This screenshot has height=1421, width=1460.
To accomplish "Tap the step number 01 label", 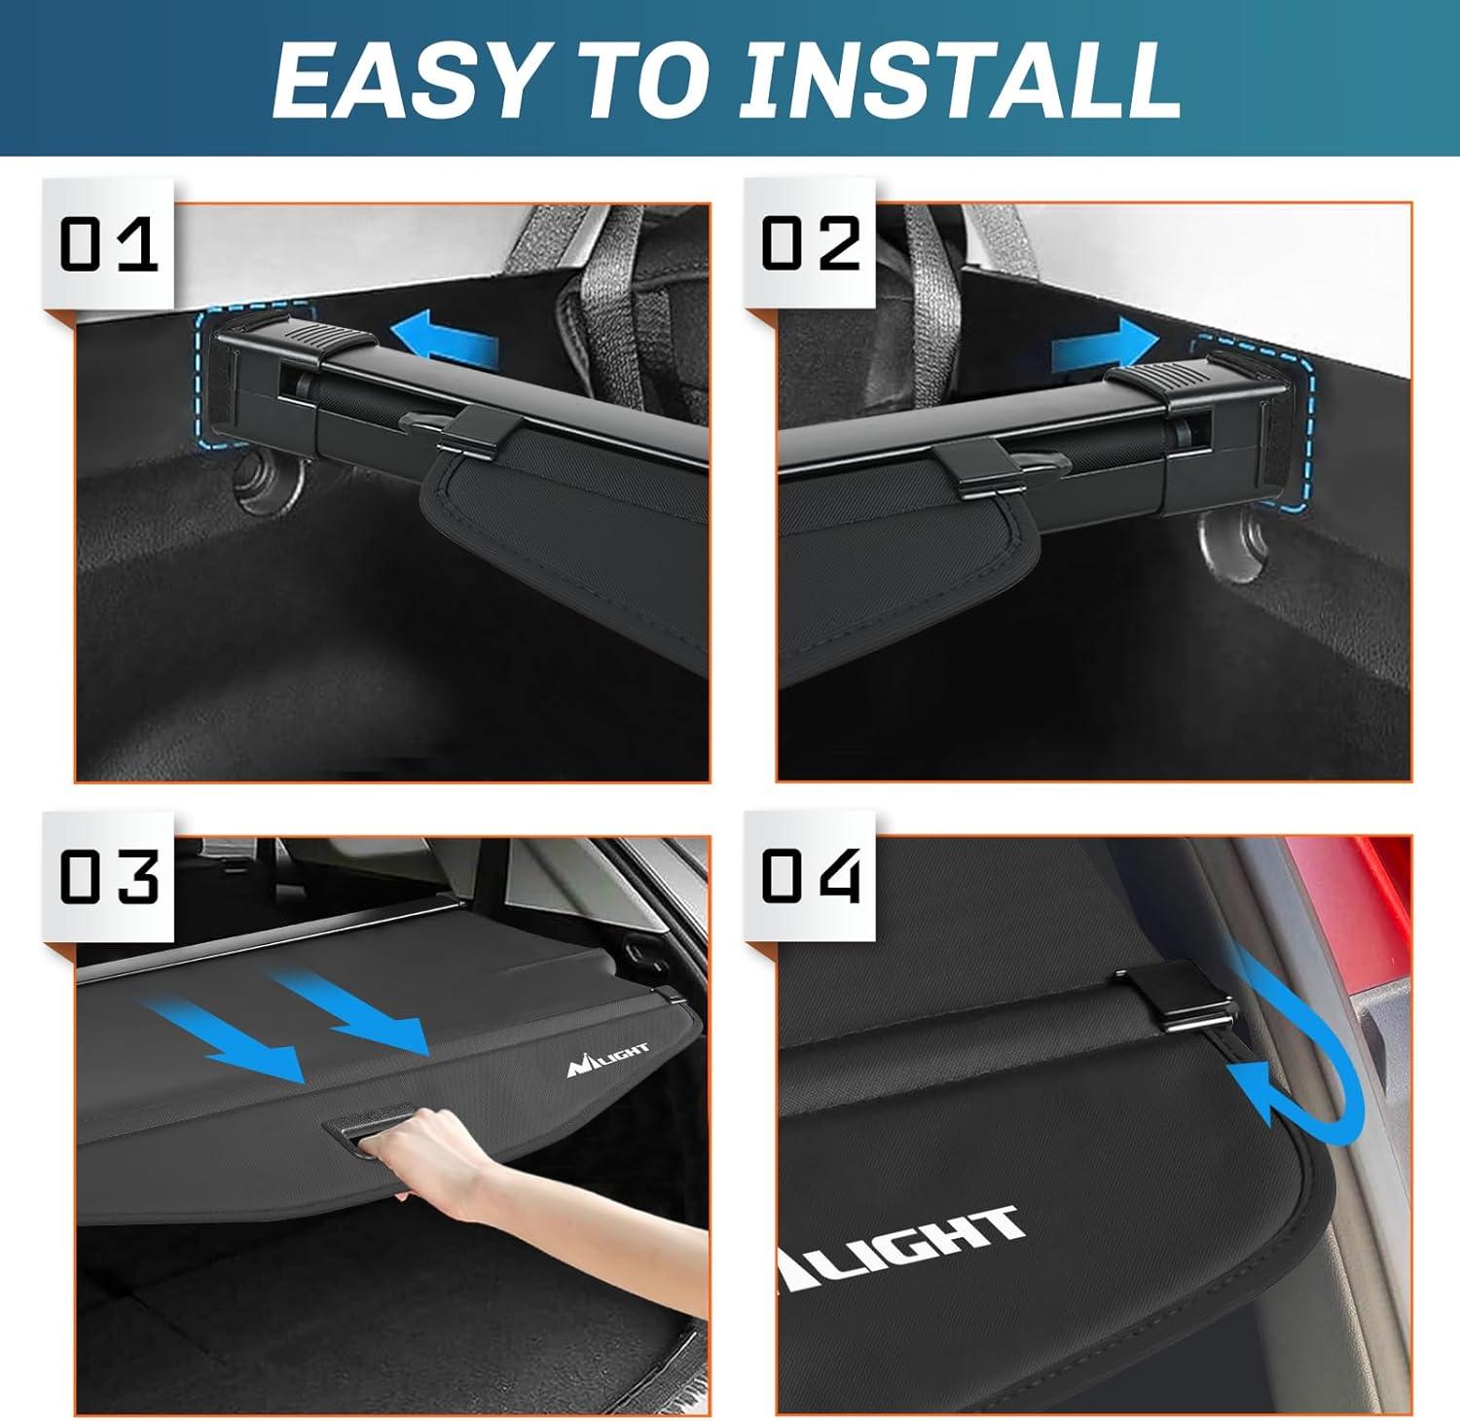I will [108, 244].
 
